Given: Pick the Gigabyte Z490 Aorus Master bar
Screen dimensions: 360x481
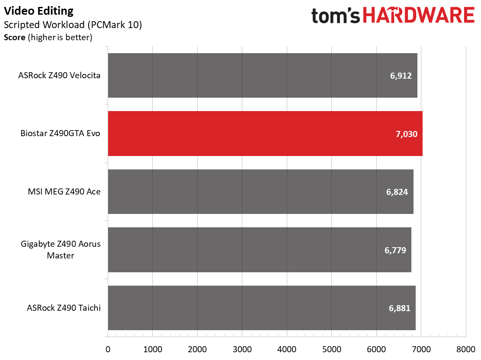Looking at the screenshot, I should click(260, 250).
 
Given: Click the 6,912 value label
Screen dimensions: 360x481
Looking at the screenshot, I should click(401, 76).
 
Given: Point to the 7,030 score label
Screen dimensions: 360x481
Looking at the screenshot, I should click(406, 134).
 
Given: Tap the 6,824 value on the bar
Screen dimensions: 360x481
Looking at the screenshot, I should click(397, 192).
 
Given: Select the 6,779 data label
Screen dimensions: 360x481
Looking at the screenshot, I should click(395, 250).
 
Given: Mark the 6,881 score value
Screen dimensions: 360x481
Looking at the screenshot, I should click(399, 308).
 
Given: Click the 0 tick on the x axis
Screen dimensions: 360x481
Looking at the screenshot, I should click(108, 349).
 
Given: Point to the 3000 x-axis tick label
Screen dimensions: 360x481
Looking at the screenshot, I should click(242, 349).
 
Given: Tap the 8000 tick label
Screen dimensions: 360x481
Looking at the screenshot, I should click(465, 349).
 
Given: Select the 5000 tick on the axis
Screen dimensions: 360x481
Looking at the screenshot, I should click(331, 349).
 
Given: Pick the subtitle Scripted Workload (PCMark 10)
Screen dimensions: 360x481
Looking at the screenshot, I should click(73, 25).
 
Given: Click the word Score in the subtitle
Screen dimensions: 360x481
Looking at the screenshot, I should click(14, 38).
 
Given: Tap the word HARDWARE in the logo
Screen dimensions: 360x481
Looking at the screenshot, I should click(418, 16).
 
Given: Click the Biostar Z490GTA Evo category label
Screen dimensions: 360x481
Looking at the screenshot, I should click(61, 134).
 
